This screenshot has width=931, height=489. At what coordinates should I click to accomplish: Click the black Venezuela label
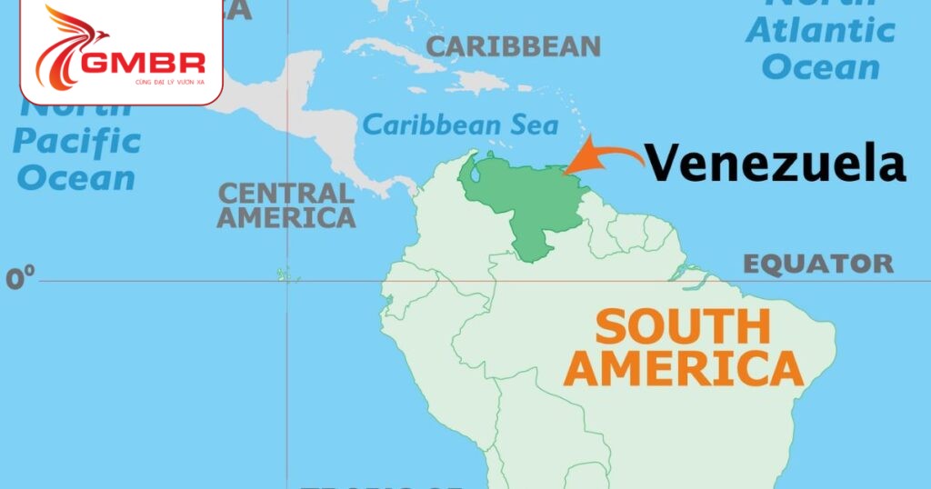777,165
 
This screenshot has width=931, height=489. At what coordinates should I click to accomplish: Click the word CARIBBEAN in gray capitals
514,46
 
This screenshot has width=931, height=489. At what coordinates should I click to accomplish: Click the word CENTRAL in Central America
285,193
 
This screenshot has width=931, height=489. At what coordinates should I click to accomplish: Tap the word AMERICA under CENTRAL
285,218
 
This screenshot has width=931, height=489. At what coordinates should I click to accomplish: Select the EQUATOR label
818,264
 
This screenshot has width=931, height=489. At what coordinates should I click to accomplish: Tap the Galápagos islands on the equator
287,274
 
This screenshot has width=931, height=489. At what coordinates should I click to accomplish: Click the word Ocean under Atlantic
821,66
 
